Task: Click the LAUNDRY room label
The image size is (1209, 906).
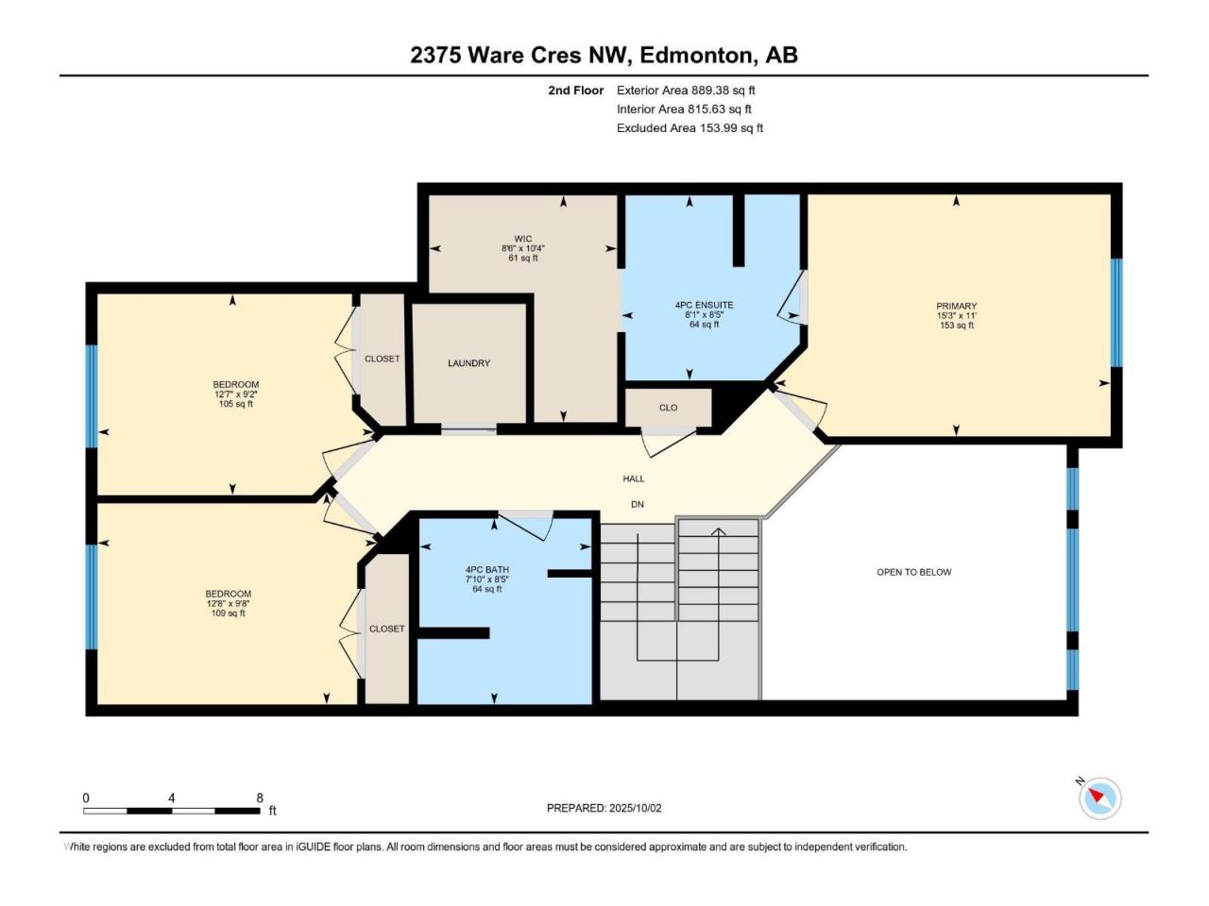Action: [x=468, y=363]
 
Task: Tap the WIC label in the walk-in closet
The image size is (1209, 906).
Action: [x=522, y=239]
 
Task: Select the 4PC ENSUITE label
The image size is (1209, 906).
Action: [x=704, y=305]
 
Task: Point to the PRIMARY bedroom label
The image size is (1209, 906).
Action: [x=956, y=306]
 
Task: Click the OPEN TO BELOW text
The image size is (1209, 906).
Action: [x=913, y=572]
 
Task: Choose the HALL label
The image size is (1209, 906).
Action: [x=634, y=478]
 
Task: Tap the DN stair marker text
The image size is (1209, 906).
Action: [x=638, y=504]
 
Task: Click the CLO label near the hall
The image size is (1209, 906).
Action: [x=668, y=408]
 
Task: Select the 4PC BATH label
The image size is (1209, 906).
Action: [x=486, y=570]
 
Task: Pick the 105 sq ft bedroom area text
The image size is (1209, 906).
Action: [x=236, y=404]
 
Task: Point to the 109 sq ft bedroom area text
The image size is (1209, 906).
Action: [x=228, y=612]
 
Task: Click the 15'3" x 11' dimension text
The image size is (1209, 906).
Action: [x=956, y=316]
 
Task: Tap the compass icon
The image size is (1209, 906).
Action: [x=1099, y=797]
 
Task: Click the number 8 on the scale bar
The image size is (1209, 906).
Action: [x=260, y=797]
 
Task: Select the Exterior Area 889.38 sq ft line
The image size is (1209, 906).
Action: [x=686, y=91]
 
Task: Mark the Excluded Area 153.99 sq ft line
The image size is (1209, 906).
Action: [x=690, y=128]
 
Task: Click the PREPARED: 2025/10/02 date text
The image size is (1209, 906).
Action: [x=604, y=808]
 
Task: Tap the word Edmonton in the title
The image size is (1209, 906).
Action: [x=696, y=56]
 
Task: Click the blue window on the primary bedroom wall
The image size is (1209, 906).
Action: [x=1116, y=313]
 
